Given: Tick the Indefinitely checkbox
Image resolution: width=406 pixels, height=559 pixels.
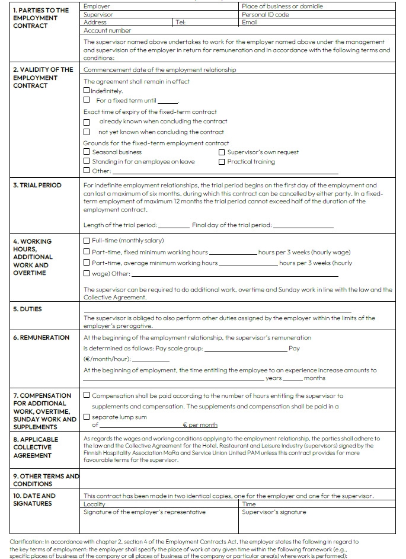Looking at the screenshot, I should [x=87, y=91].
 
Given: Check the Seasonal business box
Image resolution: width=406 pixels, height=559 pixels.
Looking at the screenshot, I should [x=87, y=152].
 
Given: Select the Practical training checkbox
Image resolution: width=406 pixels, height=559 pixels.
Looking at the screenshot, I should [x=222, y=162].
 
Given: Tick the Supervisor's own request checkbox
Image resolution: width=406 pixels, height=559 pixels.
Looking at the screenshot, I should [x=222, y=152].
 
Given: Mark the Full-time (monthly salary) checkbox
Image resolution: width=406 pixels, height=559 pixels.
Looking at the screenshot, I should [x=87, y=241].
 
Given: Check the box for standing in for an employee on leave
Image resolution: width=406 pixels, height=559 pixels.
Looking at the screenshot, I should [x=87, y=162].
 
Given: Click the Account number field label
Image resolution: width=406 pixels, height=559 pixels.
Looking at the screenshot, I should [x=107, y=30].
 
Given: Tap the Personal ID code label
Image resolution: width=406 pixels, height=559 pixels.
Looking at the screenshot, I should [x=265, y=14].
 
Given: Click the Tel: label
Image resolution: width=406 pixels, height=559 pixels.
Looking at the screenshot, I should [x=181, y=23].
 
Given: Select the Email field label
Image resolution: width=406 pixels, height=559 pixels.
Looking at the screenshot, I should [x=250, y=23].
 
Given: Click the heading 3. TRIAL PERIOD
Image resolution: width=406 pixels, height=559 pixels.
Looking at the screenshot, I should [x=37, y=186].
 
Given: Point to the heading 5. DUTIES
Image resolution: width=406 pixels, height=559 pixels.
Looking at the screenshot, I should [x=28, y=309].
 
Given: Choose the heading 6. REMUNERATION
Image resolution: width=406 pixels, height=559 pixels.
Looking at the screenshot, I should [x=41, y=338].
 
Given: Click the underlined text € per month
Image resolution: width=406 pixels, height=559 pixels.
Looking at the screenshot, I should [x=200, y=425].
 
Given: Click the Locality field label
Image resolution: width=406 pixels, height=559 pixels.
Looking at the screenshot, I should [x=95, y=504].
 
